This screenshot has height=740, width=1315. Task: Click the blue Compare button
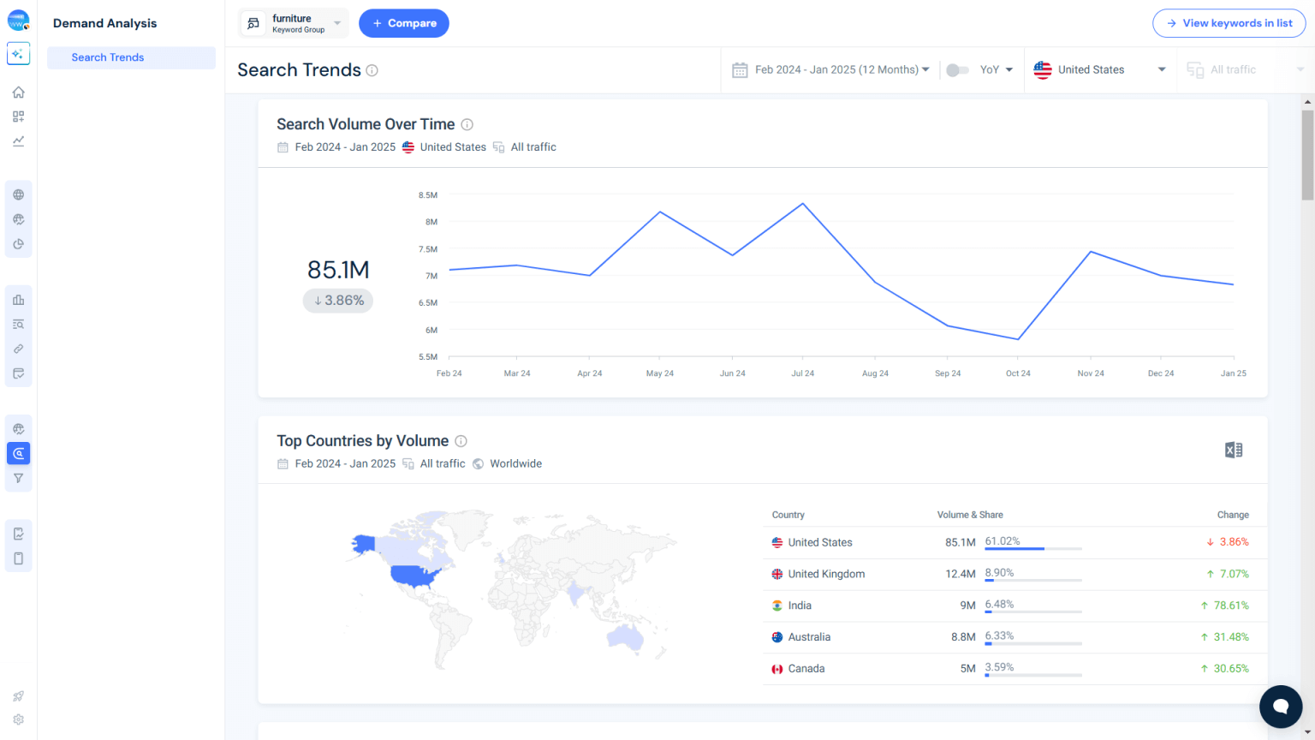click(x=403, y=23)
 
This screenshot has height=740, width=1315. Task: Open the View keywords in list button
click(x=1229, y=23)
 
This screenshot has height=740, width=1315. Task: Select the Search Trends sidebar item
click(x=108, y=57)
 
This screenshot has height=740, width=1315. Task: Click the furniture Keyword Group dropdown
click(x=294, y=23)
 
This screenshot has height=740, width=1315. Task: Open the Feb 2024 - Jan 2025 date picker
click(x=830, y=69)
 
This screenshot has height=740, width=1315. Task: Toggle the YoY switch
click(x=957, y=69)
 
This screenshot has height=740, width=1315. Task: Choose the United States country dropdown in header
click(x=1099, y=69)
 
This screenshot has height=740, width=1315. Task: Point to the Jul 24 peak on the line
click(x=802, y=204)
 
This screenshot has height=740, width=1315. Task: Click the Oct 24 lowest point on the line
click(x=1018, y=339)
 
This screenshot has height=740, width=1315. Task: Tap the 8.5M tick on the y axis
click(x=428, y=195)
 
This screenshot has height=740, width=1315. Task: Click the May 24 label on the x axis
click(x=659, y=373)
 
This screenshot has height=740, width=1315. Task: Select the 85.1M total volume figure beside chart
click(x=338, y=270)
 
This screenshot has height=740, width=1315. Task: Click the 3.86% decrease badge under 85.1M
click(x=338, y=301)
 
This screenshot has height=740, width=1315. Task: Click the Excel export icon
click(x=1233, y=451)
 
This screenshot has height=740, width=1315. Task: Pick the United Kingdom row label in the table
click(x=825, y=574)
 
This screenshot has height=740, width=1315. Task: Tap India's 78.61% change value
click(x=1230, y=606)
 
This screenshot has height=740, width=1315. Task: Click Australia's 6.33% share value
click(x=999, y=636)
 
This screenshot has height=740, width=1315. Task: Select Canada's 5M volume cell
click(x=967, y=669)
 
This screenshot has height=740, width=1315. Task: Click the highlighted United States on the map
click(x=414, y=576)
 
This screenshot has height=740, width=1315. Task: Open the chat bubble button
click(x=1280, y=706)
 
